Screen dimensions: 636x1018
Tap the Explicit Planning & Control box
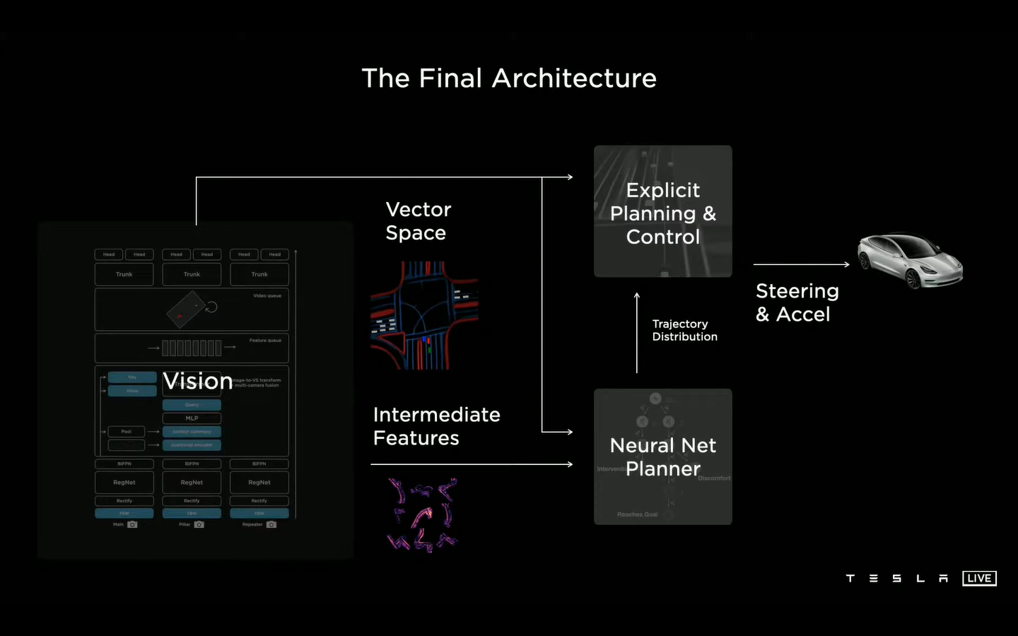(x=662, y=211)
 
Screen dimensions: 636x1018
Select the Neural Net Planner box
(x=662, y=457)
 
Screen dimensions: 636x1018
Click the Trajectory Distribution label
(x=684, y=330)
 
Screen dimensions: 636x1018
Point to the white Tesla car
(x=911, y=260)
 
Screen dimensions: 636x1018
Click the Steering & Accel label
(x=797, y=302)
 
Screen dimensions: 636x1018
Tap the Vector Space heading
(x=418, y=221)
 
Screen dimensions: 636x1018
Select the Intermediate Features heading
(x=436, y=426)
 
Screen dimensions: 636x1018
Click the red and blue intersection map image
(x=424, y=315)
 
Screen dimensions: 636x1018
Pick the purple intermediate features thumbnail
(x=423, y=514)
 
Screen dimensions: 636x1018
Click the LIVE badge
(x=979, y=578)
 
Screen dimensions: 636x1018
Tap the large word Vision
(x=197, y=381)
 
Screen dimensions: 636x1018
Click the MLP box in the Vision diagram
(x=192, y=418)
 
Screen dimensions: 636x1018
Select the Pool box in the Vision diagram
(x=126, y=431)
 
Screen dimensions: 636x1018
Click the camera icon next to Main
(x=132, y=524)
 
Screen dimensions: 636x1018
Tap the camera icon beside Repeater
(x=271, y=524)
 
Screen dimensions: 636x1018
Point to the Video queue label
(x=267, y=296)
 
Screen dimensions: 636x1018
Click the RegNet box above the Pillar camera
(x=192, y=483)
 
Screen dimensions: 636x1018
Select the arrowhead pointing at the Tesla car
(x=846, y=264)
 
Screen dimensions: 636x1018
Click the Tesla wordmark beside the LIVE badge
(x=896, y=578)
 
